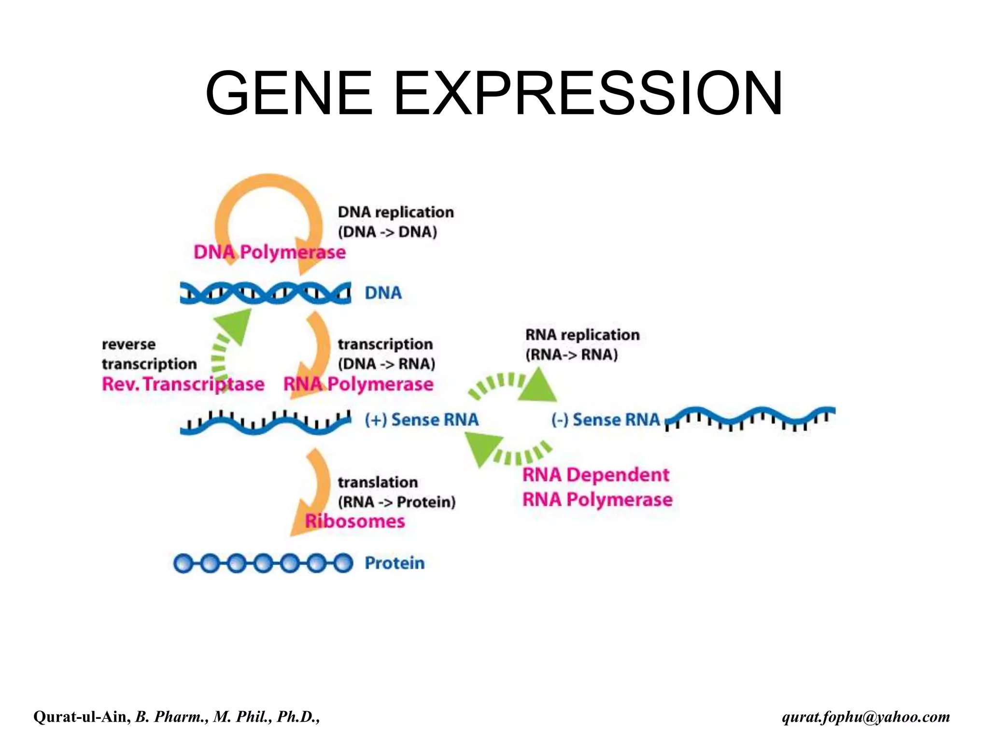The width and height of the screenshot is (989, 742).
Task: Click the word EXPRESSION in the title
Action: (588, 93)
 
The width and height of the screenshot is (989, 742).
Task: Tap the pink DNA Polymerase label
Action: (269, 252)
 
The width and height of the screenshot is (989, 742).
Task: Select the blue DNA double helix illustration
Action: (265, 292)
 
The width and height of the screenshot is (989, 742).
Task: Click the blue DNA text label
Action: (383, 293)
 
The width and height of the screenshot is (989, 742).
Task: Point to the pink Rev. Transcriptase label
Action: (183, 385)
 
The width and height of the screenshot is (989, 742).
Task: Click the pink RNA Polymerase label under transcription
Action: (358, 385)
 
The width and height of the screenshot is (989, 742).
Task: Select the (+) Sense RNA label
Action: (422, 419)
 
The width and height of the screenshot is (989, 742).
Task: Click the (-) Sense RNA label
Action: (605, 419)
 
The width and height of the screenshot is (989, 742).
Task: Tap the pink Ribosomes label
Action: (355, 521)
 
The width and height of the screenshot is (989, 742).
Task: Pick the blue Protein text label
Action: (395, 563)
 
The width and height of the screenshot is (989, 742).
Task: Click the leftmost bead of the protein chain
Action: (184, 563)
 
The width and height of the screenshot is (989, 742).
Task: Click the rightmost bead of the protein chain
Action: (343, 563)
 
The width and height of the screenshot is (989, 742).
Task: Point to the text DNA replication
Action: (396, 212)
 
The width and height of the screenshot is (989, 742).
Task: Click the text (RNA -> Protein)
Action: (396, 502)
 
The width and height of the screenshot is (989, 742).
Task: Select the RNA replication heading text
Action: (582, 335)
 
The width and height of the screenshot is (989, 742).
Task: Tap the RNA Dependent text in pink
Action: (596, 475)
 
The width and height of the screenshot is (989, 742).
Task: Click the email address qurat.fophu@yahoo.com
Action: (866, 717)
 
